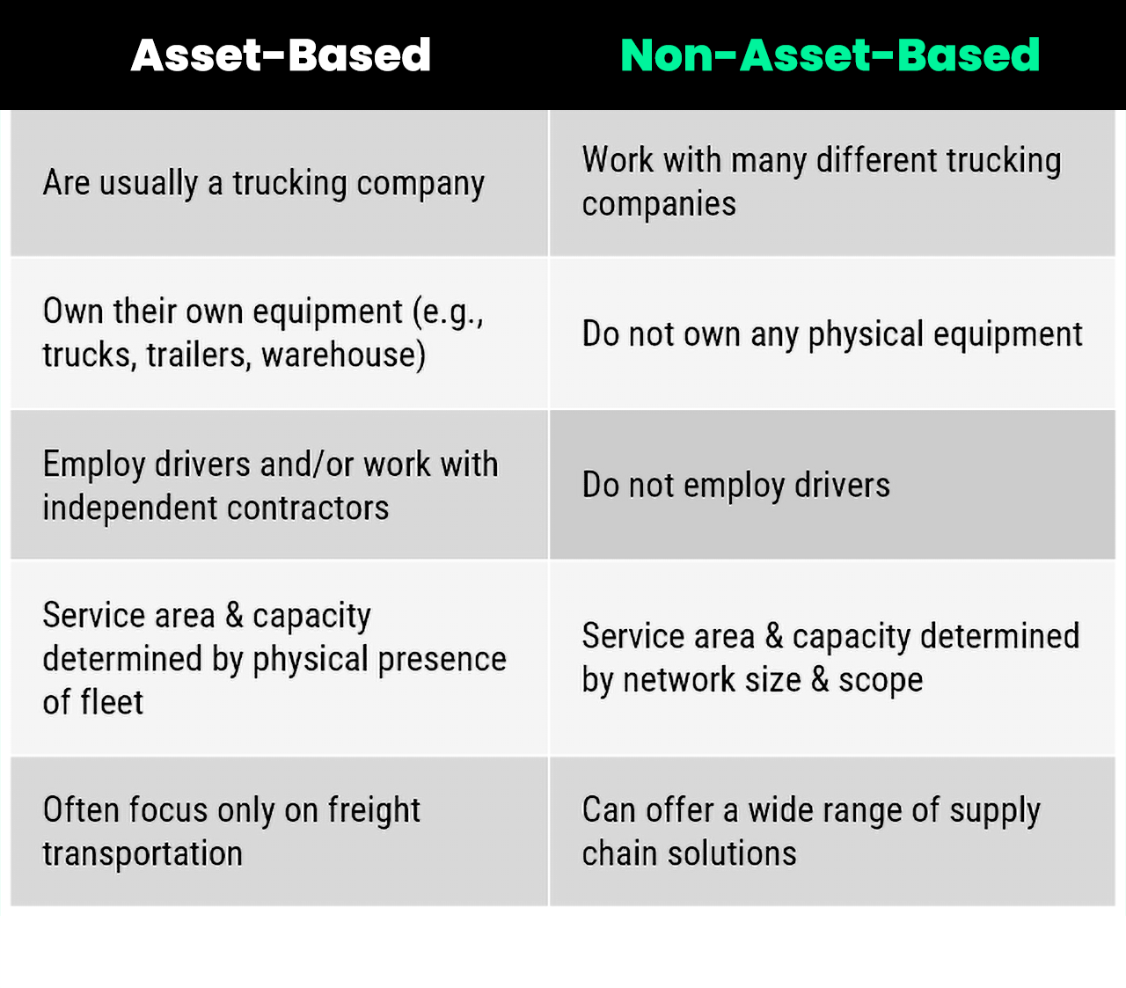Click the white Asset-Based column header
281,55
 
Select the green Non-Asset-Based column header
830,55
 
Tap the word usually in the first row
148,183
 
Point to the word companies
659,204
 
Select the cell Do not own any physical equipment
831,334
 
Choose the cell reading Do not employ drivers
735,485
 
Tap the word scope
881,680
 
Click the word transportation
143,853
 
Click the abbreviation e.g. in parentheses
451,311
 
